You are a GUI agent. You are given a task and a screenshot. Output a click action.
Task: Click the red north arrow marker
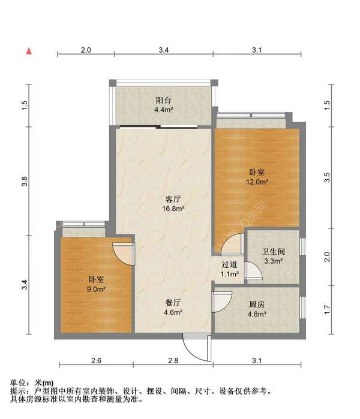[29, 51]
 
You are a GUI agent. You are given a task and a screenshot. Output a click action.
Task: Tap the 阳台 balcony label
[163, 101]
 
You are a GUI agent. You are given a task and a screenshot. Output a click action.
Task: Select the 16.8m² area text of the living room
[173, 209]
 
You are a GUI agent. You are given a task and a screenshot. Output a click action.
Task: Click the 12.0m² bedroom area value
[257, 182]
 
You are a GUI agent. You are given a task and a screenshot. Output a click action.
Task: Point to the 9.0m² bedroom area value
[96, 289]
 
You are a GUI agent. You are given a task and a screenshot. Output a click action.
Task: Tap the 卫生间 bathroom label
[273, 251]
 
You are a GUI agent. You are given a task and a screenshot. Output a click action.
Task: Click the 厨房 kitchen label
[257, 304]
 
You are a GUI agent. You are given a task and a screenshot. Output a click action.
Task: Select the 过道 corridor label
[229, 264]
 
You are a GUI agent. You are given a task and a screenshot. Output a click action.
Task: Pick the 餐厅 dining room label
[173, 303]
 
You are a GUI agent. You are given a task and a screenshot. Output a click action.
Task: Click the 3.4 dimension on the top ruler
[163, 50]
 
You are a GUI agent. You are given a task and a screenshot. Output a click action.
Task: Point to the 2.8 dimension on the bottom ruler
[173, 360]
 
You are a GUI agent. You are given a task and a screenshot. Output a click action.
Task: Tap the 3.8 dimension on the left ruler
[25, 181]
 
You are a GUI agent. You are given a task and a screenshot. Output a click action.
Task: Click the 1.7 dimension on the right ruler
[327, 310]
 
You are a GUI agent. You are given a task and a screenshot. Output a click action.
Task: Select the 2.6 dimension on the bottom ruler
[96, 360]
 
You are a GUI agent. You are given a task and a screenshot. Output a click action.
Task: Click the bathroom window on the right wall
[302, 246]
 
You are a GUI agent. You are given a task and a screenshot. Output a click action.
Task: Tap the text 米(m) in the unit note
[44, 383]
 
